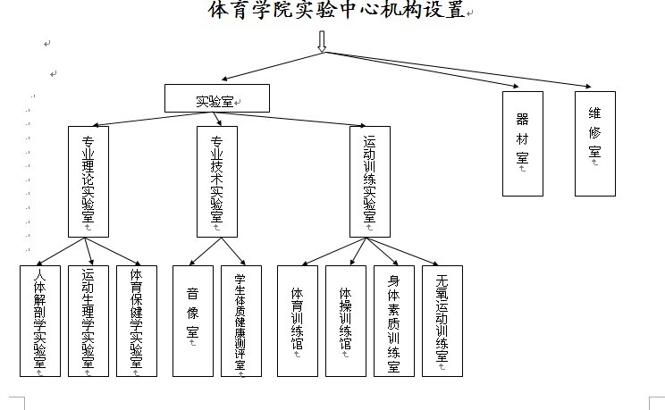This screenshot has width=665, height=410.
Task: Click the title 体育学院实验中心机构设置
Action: pos(337,11)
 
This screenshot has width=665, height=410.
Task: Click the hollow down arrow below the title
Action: pos(323,41)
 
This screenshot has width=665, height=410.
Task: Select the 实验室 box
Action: pos(217,98)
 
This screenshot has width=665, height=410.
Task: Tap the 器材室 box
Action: pos(523,142)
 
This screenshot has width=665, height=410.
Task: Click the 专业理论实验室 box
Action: pos(88,180)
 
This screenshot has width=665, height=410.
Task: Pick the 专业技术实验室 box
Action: pos(217,180)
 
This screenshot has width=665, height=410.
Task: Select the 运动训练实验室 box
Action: pos(370,180)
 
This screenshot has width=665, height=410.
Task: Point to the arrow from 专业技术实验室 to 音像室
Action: pos(204,251)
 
